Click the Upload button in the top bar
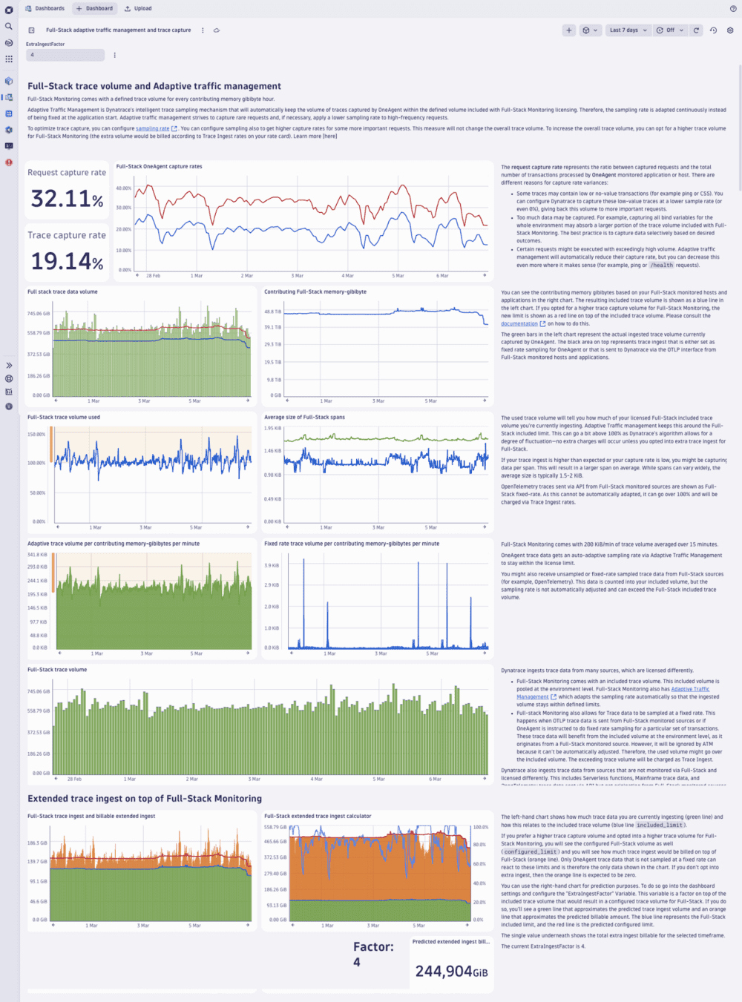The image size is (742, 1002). [x=139, y=8]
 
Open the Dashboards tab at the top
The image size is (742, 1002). [x=45, y=8]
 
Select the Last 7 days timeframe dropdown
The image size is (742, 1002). [x=628, y=30]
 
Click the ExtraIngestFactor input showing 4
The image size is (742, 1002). [x=65, y=55]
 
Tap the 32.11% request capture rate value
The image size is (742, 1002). [x=67, y=199]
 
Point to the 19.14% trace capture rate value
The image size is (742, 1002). [x=67, y=261]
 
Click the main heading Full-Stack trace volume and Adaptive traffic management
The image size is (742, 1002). [x=154, y=87]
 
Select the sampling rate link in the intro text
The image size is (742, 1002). [x=152, y=128]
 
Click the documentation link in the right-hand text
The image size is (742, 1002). [x=519, y=323]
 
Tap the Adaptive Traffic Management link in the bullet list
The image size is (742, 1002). [x=690, y=689]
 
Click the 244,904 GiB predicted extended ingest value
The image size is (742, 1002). [x=451, y=972]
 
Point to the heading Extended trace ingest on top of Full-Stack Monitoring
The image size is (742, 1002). [x=145, y=799]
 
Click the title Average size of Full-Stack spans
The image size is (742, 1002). [x=304, y=417]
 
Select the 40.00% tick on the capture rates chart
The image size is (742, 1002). [x=123, y=188]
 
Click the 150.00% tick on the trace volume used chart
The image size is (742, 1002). [x=36, y=435]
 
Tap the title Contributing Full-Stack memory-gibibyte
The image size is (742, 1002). [x=315, y=291]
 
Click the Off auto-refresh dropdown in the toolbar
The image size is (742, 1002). [x=670, y=30]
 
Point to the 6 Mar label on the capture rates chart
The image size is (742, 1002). [x=442, y=276]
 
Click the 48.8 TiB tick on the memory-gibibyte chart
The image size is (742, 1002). [x=273, y=312]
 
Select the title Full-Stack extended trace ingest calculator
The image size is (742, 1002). [x=318, y=816]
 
